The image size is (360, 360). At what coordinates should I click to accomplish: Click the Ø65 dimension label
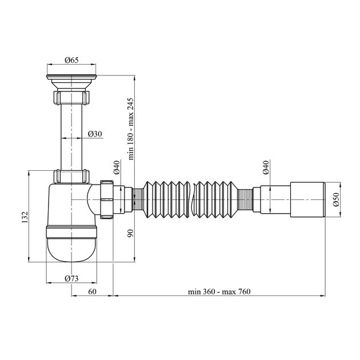[71, 59]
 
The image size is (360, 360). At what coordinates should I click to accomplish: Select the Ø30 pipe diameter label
[95, 134]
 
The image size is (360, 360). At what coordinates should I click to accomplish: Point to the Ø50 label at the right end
[337, 199]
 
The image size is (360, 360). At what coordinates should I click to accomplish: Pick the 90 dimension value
[131, 233]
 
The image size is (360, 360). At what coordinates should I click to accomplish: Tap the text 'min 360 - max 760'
[219, 291]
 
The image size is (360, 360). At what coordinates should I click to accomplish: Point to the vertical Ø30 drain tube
[71, 131]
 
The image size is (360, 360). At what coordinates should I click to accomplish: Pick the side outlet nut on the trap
[107, 199]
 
